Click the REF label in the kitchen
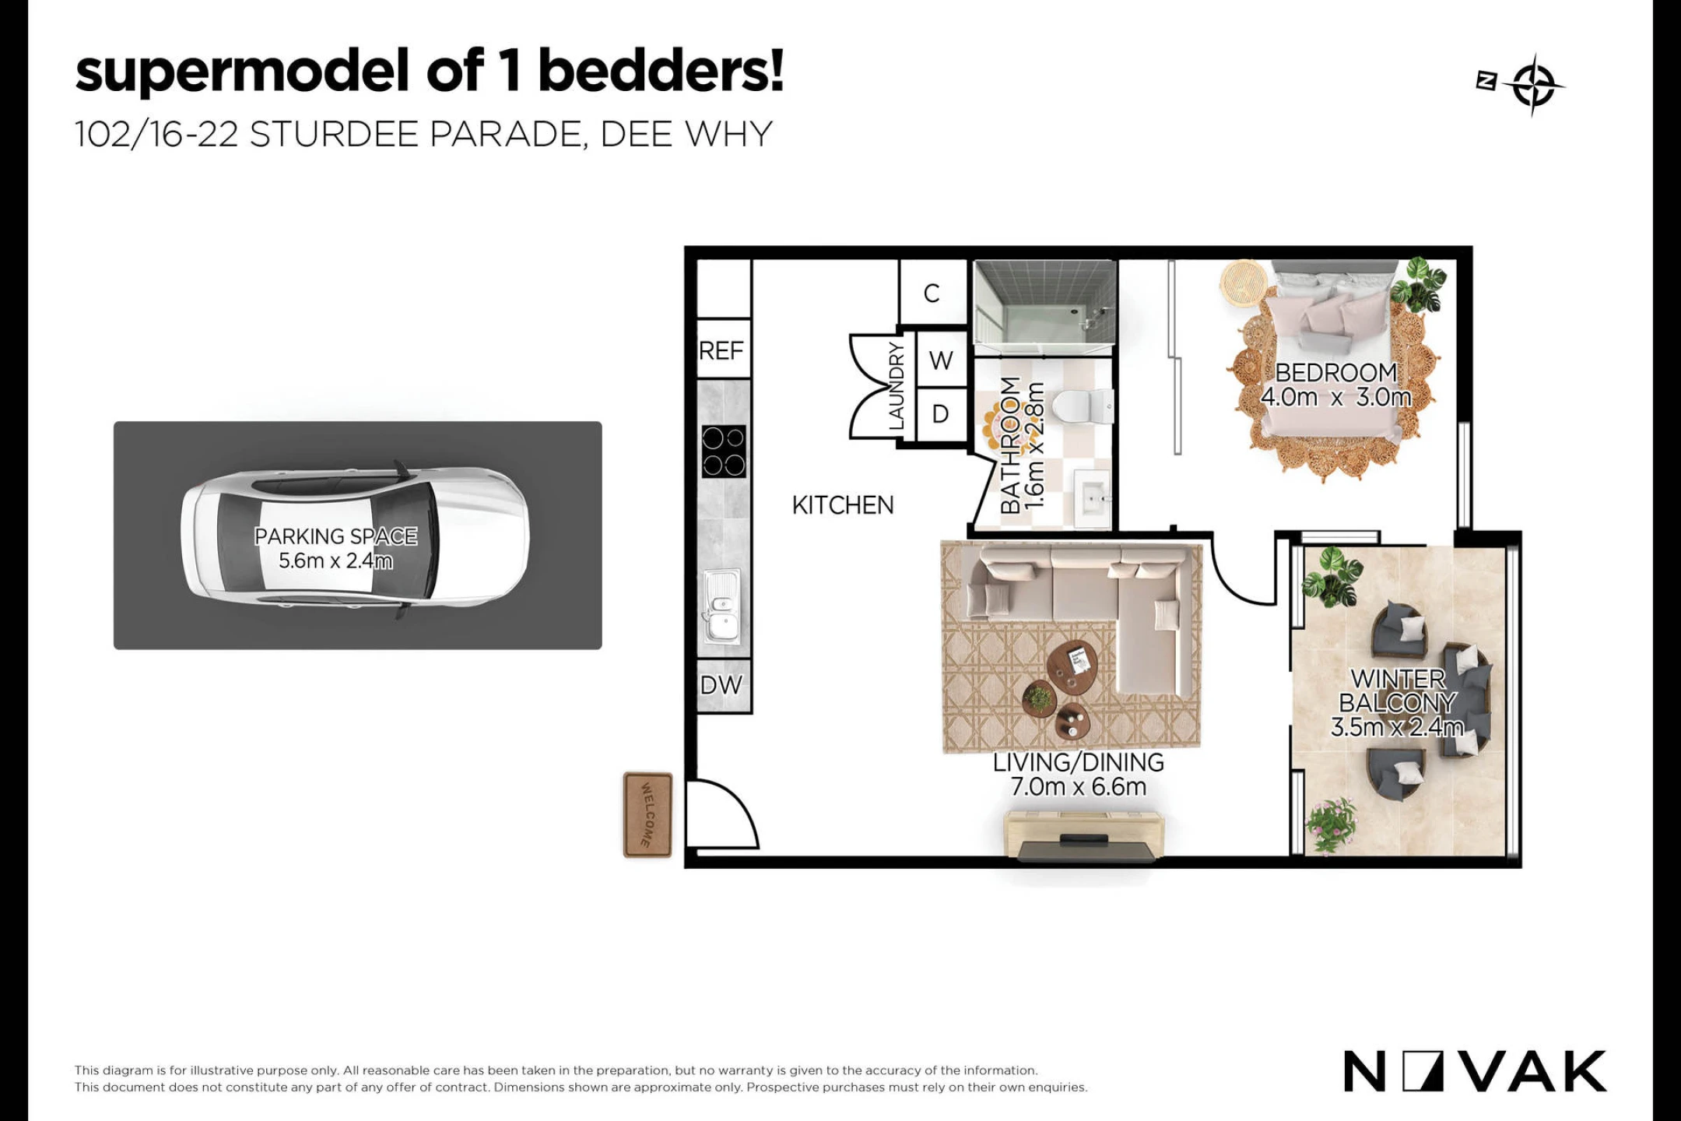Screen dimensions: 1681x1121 (x=721, y=351)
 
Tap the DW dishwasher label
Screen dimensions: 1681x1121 (x=721, y=685)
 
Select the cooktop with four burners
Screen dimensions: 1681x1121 (x=724, y=452)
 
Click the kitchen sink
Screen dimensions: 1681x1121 (x=722, y=608)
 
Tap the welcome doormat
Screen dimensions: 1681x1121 (x=647, y=815)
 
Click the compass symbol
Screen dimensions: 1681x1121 (x=1534, y=84)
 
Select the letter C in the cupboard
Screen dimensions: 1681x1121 (x=932, y=293)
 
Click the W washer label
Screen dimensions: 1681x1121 (x=941, y=360)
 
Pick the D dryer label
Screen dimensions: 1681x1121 (x=940, y=414)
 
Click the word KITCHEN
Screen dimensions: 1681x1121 (x=843, y=505)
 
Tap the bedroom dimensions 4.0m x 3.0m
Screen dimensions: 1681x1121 (x=1335, y=397)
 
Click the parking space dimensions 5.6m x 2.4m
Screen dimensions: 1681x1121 (x=335, y=560)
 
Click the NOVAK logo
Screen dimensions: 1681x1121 (x=1475, y=1071)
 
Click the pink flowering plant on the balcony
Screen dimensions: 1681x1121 (x=1332, y=824)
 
